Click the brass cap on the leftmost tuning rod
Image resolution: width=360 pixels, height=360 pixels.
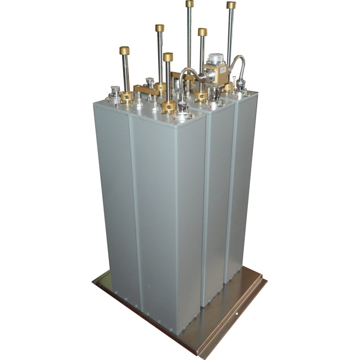point(124,50)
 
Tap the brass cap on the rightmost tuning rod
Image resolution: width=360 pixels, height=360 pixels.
point(231,5)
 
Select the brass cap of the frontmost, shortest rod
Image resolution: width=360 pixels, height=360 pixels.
point(168,57)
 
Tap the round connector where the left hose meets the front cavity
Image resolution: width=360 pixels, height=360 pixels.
point(184,111)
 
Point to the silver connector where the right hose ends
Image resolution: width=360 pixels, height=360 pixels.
point(240,85)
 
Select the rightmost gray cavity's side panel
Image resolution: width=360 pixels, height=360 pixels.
point(241,182)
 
